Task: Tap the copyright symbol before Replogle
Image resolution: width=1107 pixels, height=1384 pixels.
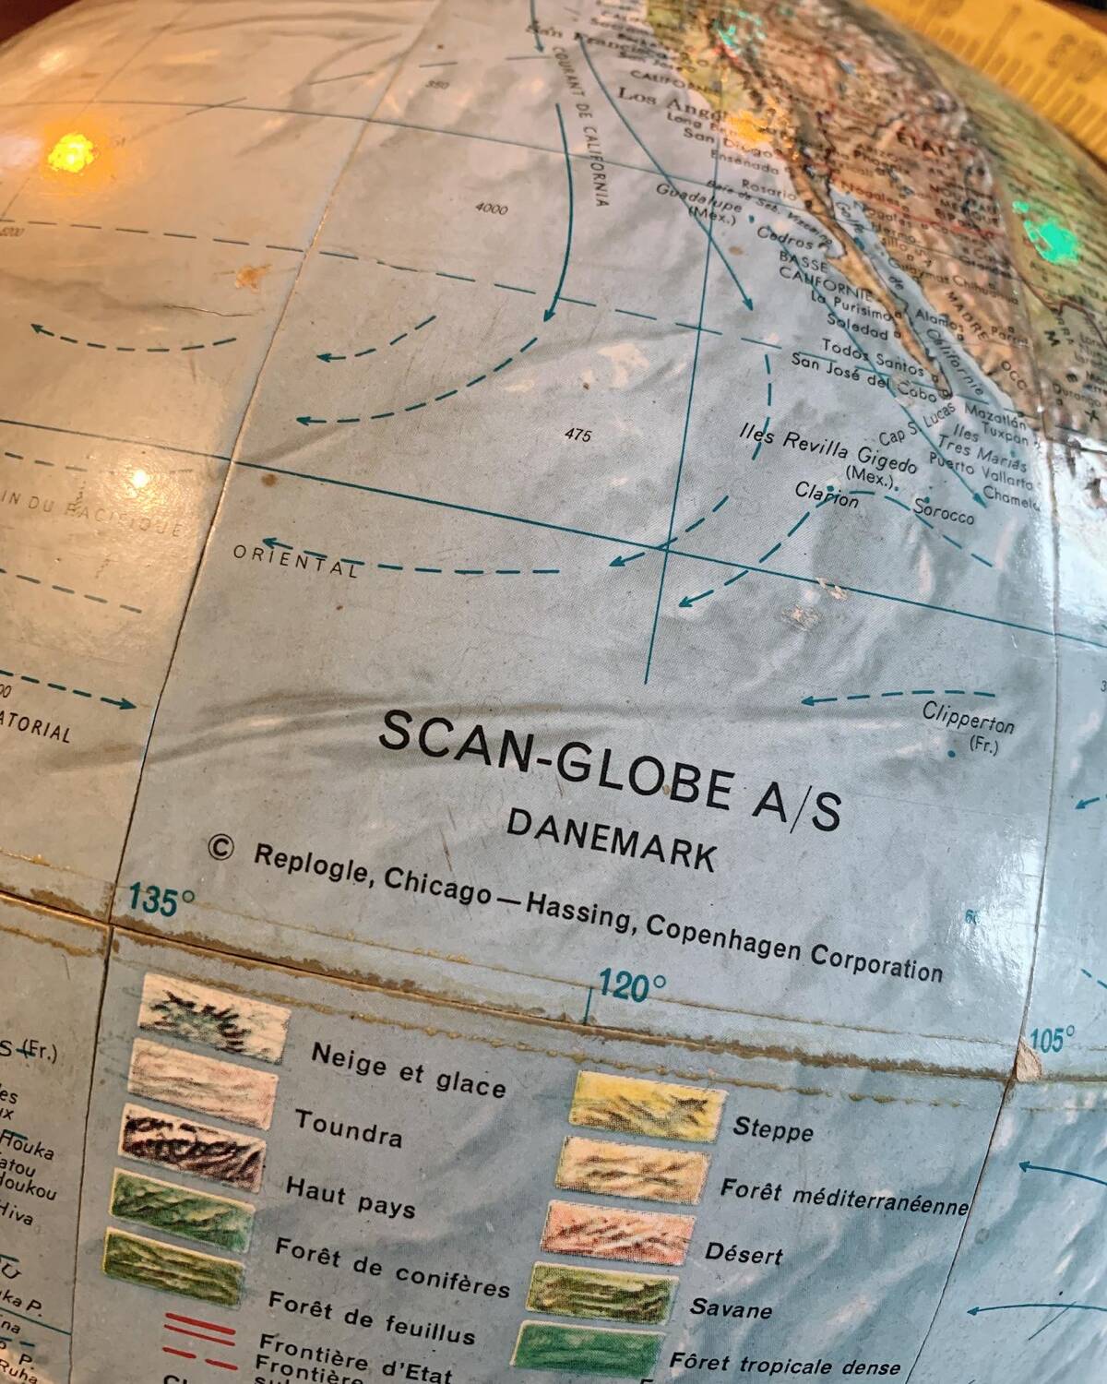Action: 220,847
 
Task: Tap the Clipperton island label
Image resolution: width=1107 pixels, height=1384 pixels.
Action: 968,719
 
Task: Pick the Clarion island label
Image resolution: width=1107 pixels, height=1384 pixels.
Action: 827,495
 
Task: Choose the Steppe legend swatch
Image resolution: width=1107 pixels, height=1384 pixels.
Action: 648,1104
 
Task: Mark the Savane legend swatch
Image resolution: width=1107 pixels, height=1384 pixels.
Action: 604,1293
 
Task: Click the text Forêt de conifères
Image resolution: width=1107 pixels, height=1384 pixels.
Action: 392,1267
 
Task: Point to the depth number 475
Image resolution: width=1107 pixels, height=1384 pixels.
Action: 577,435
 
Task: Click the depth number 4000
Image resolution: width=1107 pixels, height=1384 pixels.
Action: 491,209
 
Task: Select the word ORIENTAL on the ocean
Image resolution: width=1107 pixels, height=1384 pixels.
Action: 295,560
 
